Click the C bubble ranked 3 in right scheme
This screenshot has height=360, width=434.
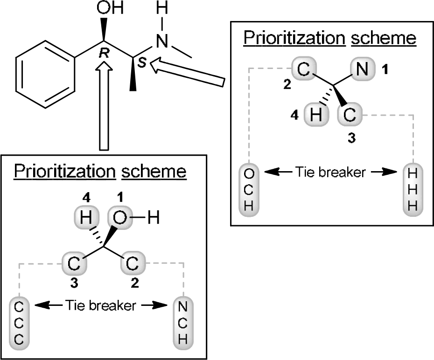click(349, 115)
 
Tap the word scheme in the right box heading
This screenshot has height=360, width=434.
click(383, 38)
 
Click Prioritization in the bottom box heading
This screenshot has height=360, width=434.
click(64, 172)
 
